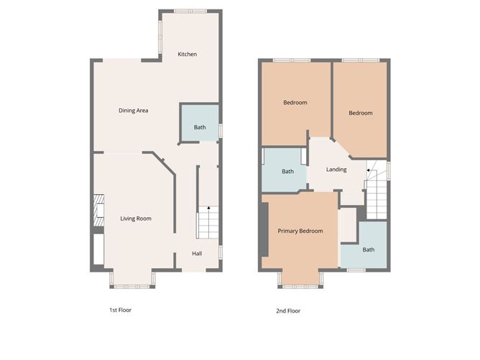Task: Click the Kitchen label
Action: (188, 55)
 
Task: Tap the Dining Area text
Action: (134, 110)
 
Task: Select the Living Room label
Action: (136, 218)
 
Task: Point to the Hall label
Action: (196, 253)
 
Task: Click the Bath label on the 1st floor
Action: (200, 127)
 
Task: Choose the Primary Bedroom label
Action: (300, 231)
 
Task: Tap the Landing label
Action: (336, 170)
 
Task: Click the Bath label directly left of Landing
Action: (287, 172)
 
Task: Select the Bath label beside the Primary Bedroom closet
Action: (368, 250)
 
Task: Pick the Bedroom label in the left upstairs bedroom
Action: (295, 103)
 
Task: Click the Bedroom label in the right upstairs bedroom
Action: (361, 113)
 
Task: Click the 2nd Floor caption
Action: (287, 311)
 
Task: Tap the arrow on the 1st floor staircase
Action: (208, 208)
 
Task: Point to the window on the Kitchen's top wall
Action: (190, 11)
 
